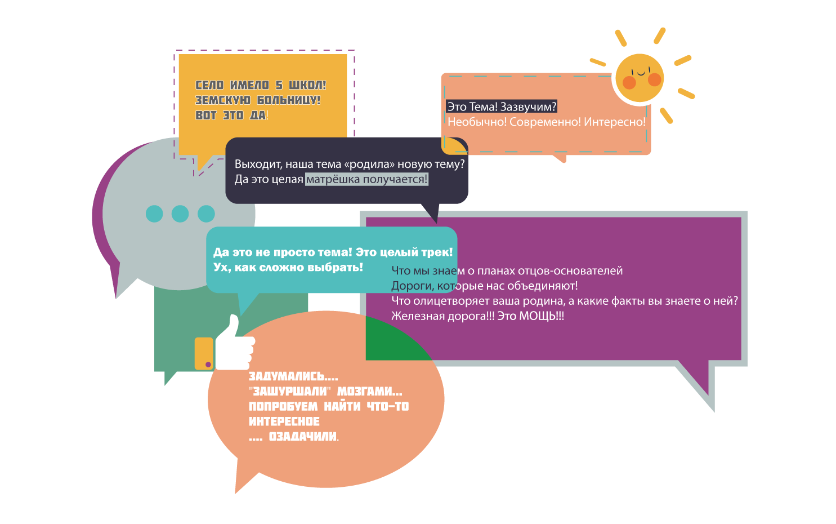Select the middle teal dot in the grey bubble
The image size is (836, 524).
tap(180, 214)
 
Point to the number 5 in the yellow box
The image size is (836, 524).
tap(279, 86)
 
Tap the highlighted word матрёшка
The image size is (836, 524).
tap(333, 179)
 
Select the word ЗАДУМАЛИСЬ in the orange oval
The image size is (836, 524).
tap(287, 376)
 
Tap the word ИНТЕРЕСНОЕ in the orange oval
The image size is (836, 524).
tap(284, 421)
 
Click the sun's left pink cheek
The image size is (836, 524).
tap(629, 83)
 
